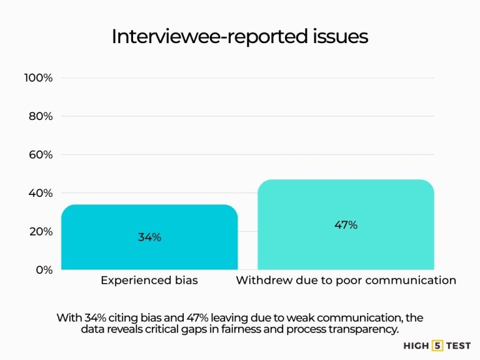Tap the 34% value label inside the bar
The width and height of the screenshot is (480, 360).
point(149,237)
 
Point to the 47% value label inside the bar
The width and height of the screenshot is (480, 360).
point(346,225)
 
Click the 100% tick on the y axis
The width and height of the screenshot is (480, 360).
point(38,77)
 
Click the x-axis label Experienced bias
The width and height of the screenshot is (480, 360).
point(149,281)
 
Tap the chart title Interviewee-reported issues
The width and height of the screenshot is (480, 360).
point(239,37)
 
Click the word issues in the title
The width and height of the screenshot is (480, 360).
point(342,37)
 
